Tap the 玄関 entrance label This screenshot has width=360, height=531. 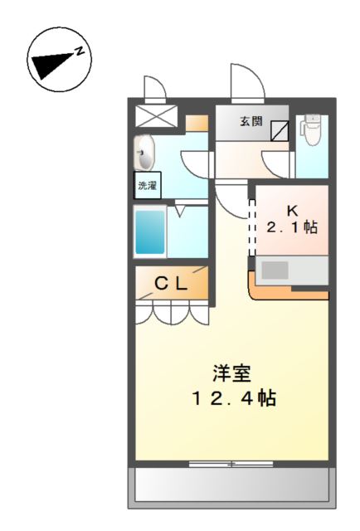pos(251,121)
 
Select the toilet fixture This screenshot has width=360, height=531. pos(312,132)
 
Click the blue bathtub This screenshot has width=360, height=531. pos(150,233)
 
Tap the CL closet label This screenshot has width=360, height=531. pos(173,284)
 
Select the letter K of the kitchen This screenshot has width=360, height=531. pos(292,209)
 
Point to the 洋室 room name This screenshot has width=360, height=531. pos(231,373)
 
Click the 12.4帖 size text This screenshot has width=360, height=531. pos(231,398)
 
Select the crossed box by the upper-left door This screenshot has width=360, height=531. pos(156,115)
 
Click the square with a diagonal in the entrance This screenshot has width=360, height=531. pos(280,129)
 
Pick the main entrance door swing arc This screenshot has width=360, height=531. pos(247,83)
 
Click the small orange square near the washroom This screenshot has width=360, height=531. pos(197,124)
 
